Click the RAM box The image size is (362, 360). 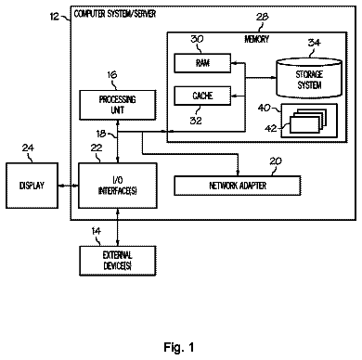tap(202, 63)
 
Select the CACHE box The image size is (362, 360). tap(202, 96)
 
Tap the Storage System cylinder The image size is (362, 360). tap(309, 78)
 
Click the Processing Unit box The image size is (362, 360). tap(118, 105)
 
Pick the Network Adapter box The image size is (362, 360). tap(238, 186)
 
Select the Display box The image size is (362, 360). tap(32, 186)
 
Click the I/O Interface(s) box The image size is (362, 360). tap(118, 186)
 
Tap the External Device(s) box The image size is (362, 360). tap(118, 261)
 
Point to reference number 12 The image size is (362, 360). tap(54, 16)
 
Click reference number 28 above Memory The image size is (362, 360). tap(263, 17)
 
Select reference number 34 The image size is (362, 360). tap(315, 43)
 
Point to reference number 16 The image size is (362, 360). tap(112, 74)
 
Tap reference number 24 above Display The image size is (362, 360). tap(28, 148)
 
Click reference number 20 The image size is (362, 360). tap(276, 161)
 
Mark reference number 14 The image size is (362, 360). tap(97, 231)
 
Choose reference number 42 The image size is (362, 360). tap(271, 128)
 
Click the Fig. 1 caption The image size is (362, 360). tap(179, 347)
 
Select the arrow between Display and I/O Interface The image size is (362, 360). tap(68, 186)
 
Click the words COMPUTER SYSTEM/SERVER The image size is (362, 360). tap(115, 14)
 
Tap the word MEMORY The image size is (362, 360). tap(257, 39)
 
